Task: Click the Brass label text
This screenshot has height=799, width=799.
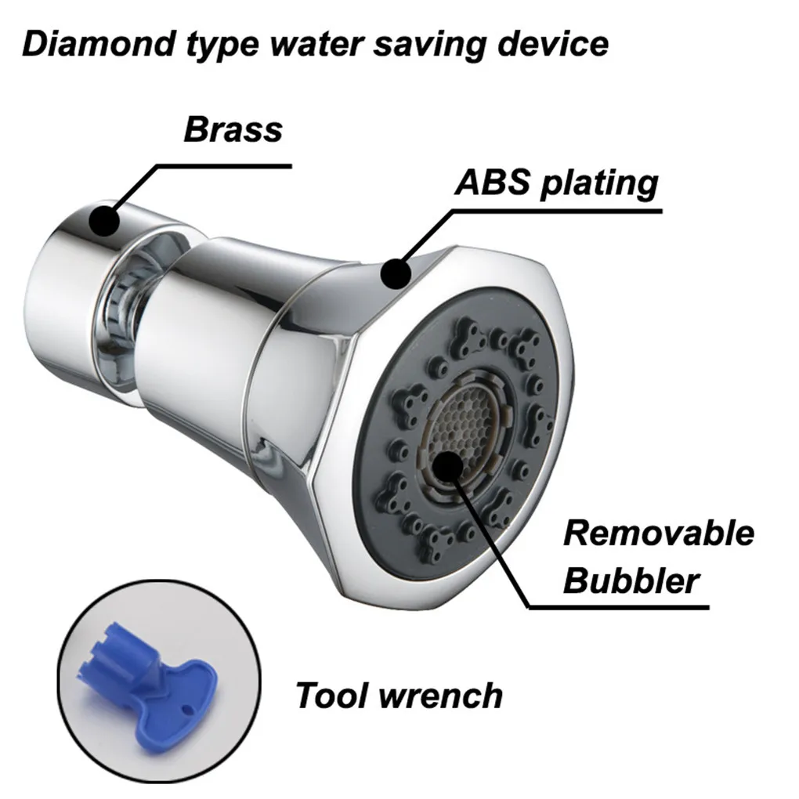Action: point(233,128)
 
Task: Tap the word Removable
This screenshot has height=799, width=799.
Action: point(659,533)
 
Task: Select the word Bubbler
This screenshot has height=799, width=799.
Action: point(631,581)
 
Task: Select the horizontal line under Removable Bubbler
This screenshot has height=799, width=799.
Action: point(619,606)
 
